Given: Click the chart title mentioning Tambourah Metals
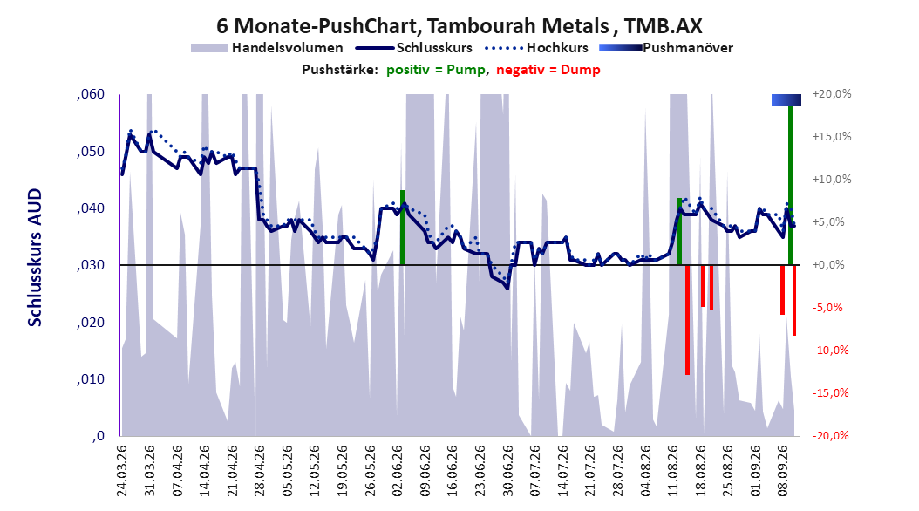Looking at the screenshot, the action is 459,26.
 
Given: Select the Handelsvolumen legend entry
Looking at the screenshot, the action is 268,48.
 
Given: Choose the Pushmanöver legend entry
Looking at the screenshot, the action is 666,48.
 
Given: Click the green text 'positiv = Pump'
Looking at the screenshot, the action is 436,70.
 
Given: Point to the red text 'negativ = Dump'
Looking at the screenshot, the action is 548,70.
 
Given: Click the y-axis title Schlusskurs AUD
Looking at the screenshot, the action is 35,257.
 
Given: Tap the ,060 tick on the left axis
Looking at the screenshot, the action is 91,94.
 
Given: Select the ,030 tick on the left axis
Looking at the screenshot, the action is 91,265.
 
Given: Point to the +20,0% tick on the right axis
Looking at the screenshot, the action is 832,94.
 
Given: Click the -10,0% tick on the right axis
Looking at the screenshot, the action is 832,351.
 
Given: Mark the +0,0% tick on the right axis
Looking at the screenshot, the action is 828,265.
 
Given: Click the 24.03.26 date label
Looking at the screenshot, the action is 122,471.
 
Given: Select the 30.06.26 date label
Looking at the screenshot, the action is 507,471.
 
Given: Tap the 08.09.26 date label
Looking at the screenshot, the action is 783,471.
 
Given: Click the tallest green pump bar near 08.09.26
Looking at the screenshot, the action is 790,185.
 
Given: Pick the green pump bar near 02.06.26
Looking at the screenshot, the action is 403,228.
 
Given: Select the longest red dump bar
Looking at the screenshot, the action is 687,320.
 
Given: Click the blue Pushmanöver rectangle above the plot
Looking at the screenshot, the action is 786,99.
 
